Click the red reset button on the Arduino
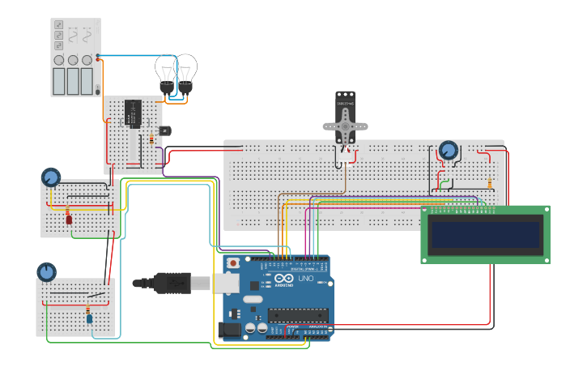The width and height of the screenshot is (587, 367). pyautogui.click(x=234, y=262)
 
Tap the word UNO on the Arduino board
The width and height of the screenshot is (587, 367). pyautogui.click(x=306, y=278)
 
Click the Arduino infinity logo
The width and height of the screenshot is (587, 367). pyautogui.click(x=283, y=278)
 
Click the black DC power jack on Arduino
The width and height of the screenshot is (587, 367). pyautogui.click(x=229, y=329)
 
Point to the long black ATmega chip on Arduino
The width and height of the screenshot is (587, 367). pyautogui.click(x=297, y=314)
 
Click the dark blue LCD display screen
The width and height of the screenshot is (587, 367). pyautogui.click(x=485, y=235)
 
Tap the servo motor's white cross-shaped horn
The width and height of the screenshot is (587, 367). pyautogui.click(x=346, y=126)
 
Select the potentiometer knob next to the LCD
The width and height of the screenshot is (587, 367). pyautogui.click(x=448, y=151)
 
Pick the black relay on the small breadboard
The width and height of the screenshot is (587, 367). pyautogui.click(x=134, y=113)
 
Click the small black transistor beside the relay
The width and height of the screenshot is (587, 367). pyautogui.click(x=165, y=130)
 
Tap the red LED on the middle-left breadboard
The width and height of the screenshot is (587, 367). pyautogui.click(x=69, y=219)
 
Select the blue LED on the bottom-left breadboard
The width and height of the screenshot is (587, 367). pyautogui.click(x=89, y=318)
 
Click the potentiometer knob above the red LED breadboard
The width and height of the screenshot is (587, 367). pyautogui.click(x=51, y=177)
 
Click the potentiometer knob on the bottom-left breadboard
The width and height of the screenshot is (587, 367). pyautogui.click(x=46, y=271)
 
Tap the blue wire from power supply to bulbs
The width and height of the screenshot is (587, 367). pyautogui.click(x=130, y=57)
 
